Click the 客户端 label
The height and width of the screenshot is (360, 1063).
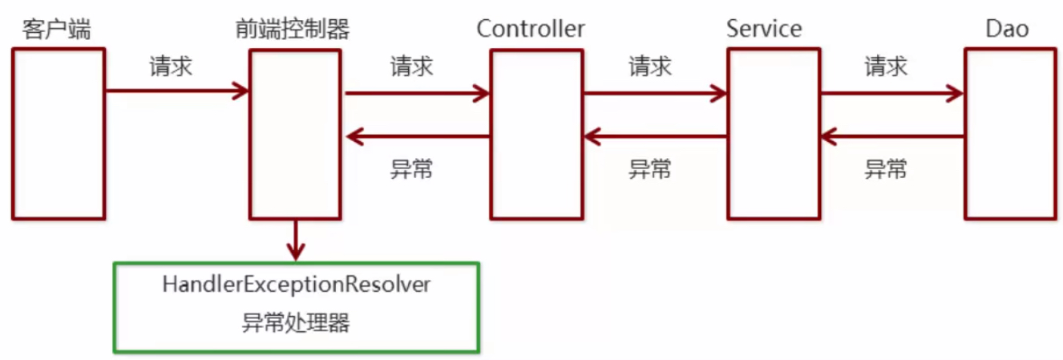click(57, 30)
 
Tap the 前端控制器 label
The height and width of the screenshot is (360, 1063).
click(292, 30)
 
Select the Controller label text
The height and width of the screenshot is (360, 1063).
click(531, 30)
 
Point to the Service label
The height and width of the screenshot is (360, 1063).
click(764, 30)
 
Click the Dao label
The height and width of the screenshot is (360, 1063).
click(1008, 30)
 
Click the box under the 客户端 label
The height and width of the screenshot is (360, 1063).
click(58, 133)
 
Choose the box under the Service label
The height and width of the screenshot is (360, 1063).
click(774, 133)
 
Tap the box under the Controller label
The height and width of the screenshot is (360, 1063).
click(536, 133)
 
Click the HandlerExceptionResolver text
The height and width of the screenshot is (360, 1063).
click(297, 285)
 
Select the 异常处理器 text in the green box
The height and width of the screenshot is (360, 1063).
click(297, 323)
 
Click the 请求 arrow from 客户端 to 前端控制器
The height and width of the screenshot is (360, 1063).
click(177, 91)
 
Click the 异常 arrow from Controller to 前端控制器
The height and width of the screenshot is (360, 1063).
click(418, 137)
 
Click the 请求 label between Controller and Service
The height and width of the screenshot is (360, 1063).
click(650, 66)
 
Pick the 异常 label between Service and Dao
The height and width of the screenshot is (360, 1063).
click(886, 169)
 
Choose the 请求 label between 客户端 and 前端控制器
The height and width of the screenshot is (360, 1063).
click(171, 66)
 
